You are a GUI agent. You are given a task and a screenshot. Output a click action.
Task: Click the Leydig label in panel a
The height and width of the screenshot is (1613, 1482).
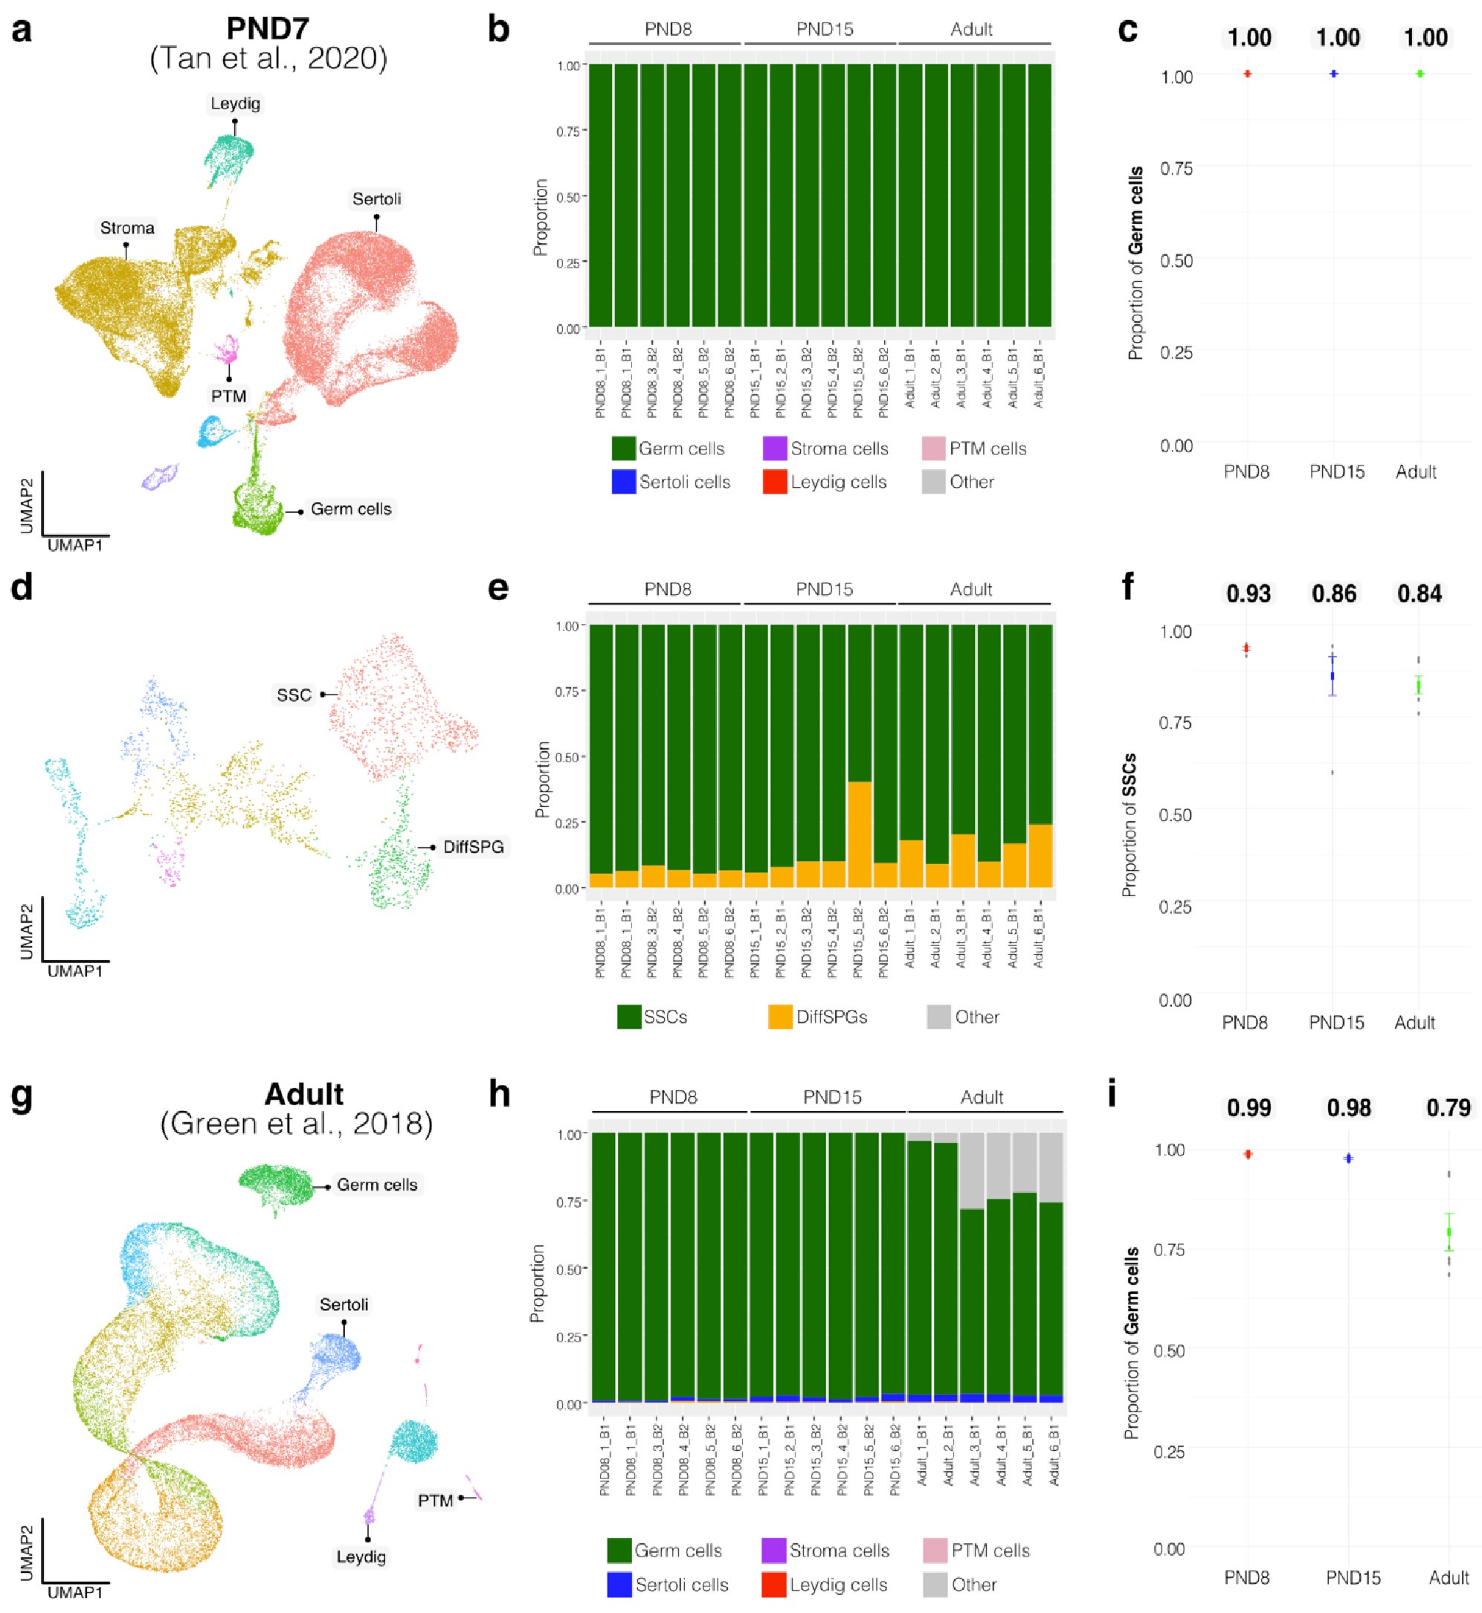click(235, 103)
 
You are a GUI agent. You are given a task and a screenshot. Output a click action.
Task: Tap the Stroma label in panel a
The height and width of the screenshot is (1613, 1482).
click(126, 228)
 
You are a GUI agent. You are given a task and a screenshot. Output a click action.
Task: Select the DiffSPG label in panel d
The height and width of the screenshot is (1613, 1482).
click(473, 847)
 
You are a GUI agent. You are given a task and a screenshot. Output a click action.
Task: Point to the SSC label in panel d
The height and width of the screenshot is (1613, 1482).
click(294, 695)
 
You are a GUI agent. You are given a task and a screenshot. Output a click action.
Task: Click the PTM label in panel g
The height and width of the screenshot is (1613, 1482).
click(435, 1500)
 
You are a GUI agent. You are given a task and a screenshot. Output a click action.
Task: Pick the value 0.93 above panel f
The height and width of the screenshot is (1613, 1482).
click(1248, 594)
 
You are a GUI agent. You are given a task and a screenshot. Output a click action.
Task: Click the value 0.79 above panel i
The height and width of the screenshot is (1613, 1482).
click(1448, 1109)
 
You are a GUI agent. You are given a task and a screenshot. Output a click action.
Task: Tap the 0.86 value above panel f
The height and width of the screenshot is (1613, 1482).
click(1333, 594)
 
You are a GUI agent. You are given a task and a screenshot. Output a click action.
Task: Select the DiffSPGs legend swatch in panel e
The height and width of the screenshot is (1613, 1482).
click(780, 1017)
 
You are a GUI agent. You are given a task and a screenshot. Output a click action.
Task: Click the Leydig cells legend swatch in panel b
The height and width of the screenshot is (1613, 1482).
click(775, 482)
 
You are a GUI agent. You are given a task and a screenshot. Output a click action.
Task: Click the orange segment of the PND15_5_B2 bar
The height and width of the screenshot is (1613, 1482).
click(860, 834)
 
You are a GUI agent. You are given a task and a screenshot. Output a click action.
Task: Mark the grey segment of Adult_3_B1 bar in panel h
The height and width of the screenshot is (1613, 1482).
click(972, 1171)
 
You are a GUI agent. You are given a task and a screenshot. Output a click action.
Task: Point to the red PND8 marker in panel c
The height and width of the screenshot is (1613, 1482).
click(1248, 74)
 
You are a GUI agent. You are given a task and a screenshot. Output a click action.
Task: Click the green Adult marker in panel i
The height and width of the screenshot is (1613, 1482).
click(1449, 1232)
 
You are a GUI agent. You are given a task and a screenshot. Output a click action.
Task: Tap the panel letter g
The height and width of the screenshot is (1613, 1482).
click(22, 1095)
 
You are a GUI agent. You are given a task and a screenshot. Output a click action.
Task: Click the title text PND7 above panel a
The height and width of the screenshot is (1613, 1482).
click(268, 29)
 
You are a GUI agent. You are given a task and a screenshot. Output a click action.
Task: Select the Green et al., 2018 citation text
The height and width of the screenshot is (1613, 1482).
click(297, 1124)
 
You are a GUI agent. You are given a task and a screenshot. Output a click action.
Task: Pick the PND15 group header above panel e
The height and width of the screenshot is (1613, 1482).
click(825, 590)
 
